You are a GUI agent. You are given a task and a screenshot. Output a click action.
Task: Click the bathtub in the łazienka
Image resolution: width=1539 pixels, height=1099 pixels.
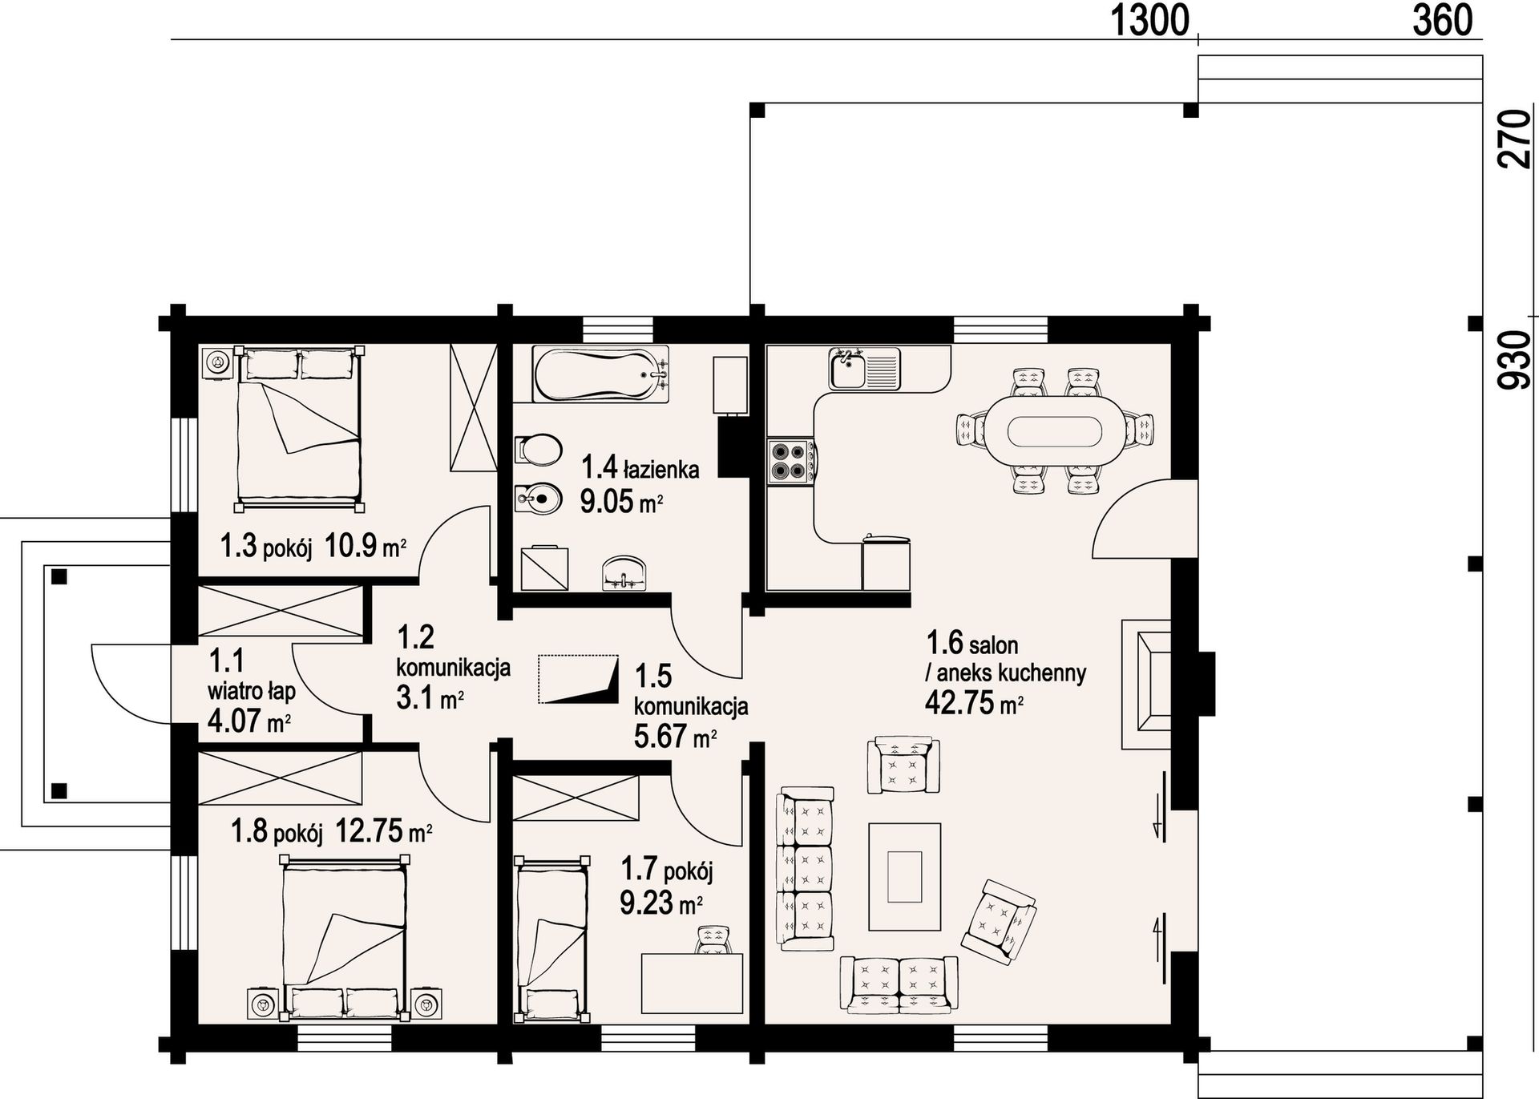(601, 375)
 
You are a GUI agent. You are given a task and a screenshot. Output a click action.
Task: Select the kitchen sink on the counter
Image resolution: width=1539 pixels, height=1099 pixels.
(865, 368)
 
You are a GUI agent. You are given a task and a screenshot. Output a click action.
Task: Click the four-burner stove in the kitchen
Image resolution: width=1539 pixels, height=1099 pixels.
(791, 462)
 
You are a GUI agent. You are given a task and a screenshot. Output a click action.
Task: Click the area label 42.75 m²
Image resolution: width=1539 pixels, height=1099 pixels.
(974, 704)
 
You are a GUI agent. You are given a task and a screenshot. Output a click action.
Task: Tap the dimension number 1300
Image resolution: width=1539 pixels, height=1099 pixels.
(1149, 20)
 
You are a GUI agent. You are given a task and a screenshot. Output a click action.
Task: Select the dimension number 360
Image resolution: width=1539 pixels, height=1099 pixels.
(1442, 20)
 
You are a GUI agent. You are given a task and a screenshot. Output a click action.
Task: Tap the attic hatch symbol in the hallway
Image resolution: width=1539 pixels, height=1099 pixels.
(579, 680)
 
